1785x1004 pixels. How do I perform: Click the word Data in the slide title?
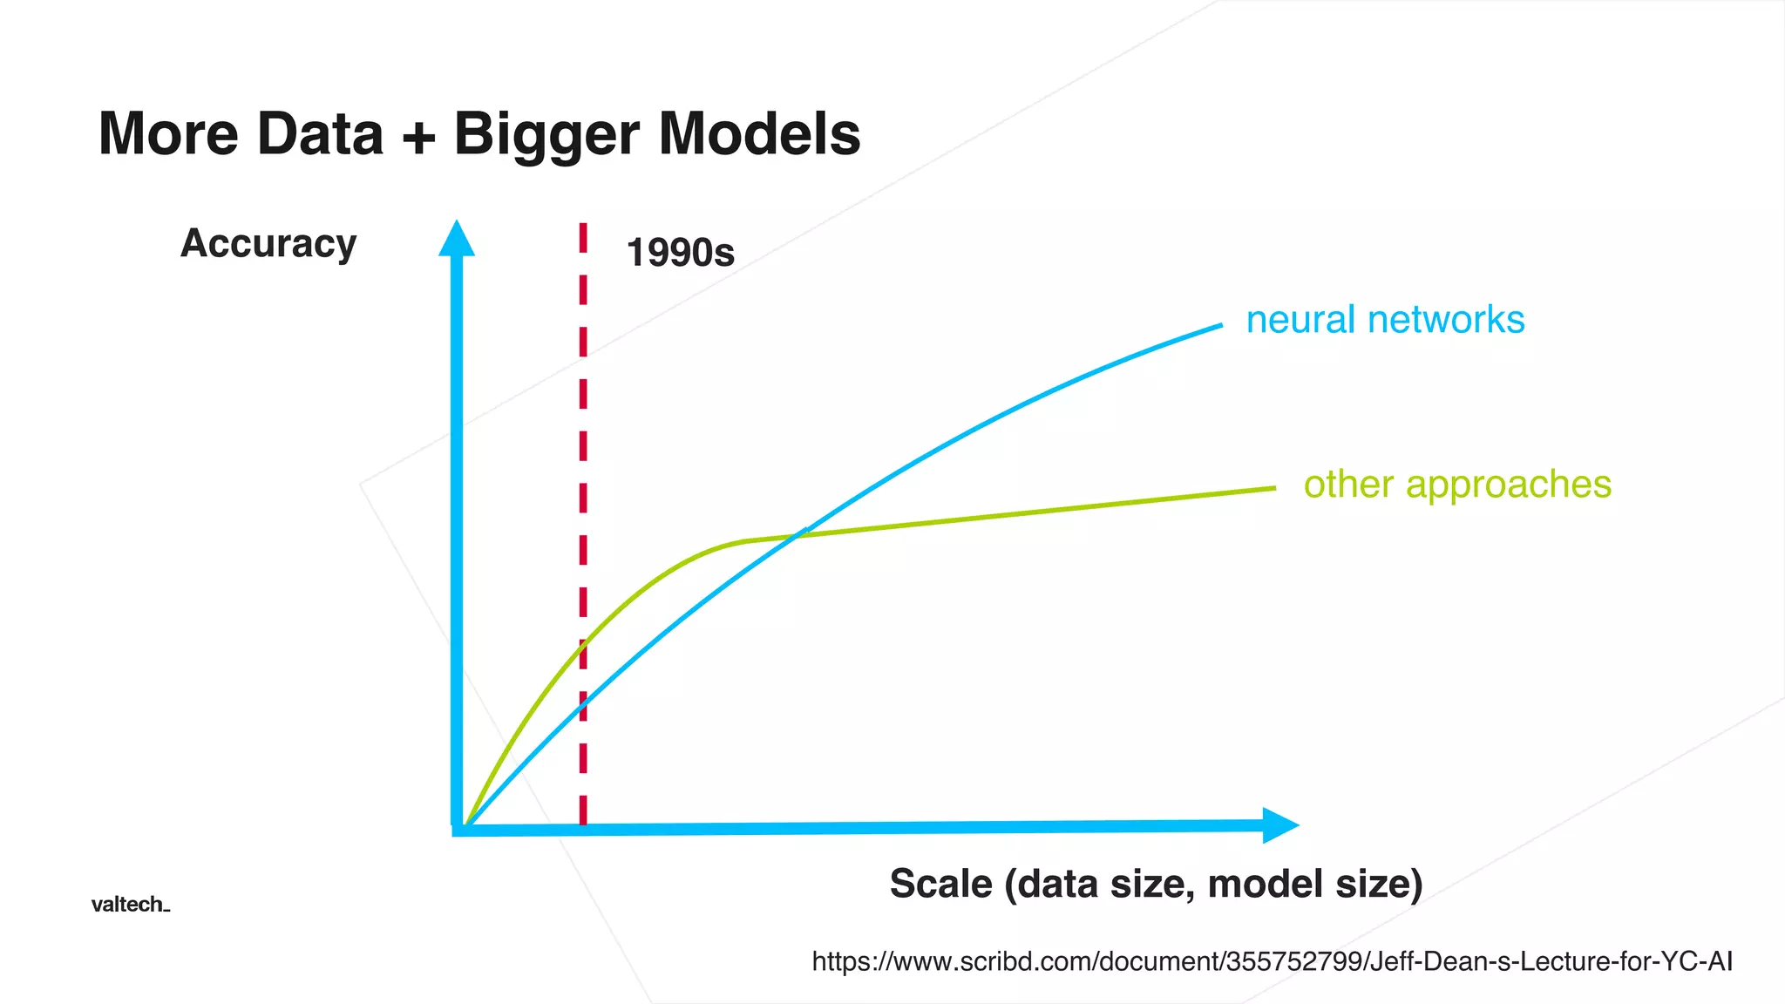point(320,134)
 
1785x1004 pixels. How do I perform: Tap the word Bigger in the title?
point(547,136)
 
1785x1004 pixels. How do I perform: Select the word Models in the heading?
point(759,134)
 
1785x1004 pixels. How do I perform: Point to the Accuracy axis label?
point(268,243)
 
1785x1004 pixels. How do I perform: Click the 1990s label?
point(680,253)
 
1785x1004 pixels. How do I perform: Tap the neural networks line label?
point(1385,320)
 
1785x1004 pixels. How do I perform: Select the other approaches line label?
point(1457,485)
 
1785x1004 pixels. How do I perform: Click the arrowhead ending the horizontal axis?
point(1279,825)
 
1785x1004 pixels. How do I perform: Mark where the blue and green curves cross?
point(797,534)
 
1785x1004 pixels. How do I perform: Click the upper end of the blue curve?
point(1219,326)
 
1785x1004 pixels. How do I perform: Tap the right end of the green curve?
point(1273,489)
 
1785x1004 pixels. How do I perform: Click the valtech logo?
point(130,905)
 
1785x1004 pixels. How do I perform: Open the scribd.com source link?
point(1272,961)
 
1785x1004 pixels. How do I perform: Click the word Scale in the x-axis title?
point(940,884)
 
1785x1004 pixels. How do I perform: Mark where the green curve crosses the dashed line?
point(583,643)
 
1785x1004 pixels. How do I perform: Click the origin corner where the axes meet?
point(458,829)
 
